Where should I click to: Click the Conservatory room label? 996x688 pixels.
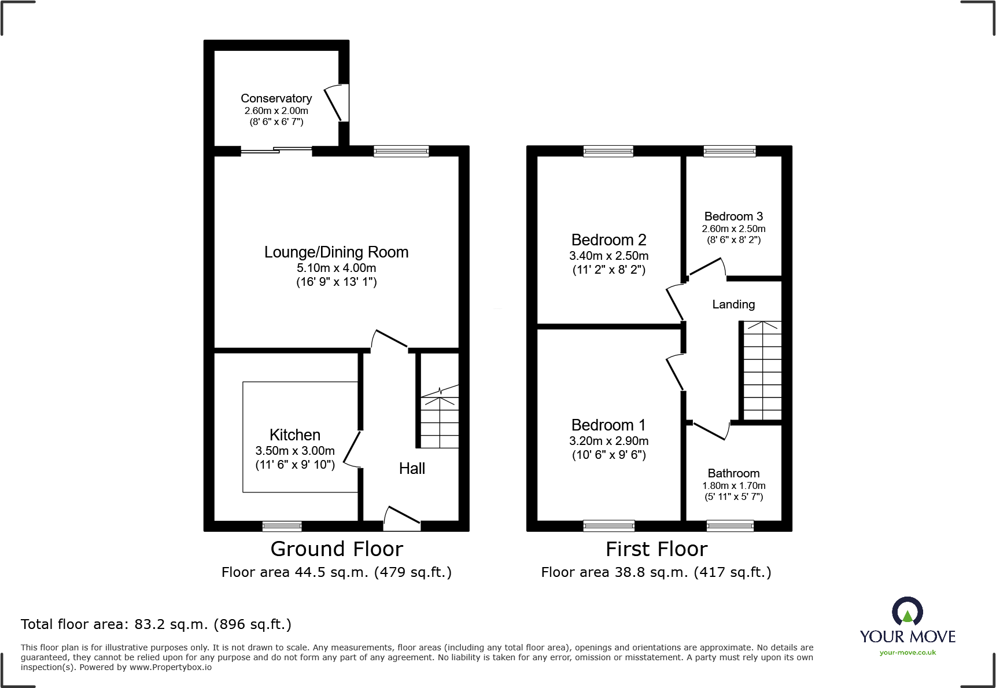click(x=276, y=98)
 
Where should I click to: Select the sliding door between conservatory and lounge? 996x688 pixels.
click(x=276, y=151)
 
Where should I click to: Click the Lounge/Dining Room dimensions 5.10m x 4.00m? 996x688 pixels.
click(x=336, y=268)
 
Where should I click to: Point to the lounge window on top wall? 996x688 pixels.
click(x=401, y=151)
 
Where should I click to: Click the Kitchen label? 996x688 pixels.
click(x=294, y=435)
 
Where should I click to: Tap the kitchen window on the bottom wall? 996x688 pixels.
click(x=282, y=526)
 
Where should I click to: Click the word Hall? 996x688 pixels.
click(x=412, y=469)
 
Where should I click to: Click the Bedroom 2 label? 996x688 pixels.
click(x=608, y=240)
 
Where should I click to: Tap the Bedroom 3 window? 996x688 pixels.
click(x=729, y=151)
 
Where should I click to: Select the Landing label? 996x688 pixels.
click(x=733, y=304)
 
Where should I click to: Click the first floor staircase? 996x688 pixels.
click(x=762, y=370)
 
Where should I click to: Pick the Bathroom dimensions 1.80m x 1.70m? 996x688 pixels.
click(x=733, y=486)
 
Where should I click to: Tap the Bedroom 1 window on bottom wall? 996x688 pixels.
click(x=608, y=526)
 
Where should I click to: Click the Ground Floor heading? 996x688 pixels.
click(x=337, y=549)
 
